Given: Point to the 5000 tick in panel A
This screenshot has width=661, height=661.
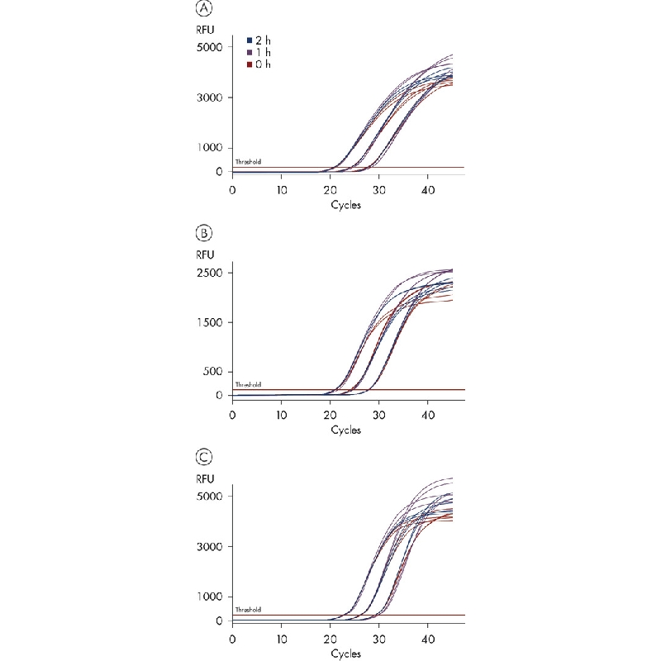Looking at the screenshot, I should pyautogui.click(x=209, y=47).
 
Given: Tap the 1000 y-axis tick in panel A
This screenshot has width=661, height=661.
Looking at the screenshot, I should pyautogui.click(x=209, y=148).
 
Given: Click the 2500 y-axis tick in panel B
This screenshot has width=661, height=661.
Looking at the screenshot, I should pyautogui.click(x=209, y=273).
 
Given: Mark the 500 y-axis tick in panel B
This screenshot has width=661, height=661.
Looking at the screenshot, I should pyautogui.click(x=212, y=372).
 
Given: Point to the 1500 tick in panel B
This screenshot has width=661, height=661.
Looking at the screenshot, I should pyautogui.click(x=209, y=322).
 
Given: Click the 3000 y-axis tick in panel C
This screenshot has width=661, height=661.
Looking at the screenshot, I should pyautogui.click(x=209, y=546).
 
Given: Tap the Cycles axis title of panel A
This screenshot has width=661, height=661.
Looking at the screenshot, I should pyautogui.click(x=345, y=205).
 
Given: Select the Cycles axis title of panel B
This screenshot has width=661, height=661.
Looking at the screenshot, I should pyautogui.click(x=345, y=430).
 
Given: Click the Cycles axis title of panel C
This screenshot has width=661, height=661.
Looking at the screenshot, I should pyautogui.click(x=345, y=654).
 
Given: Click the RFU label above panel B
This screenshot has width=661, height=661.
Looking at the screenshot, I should pyautogui.click(x=207, y=255).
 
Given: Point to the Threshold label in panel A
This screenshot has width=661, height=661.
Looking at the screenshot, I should pyautogui.click(x=248, y=162).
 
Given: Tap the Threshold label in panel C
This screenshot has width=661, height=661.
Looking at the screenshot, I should pyautogui.click(x=248, y=610).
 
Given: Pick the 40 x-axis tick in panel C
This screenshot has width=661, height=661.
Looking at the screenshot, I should pyautogui.click(x=427, y=639).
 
